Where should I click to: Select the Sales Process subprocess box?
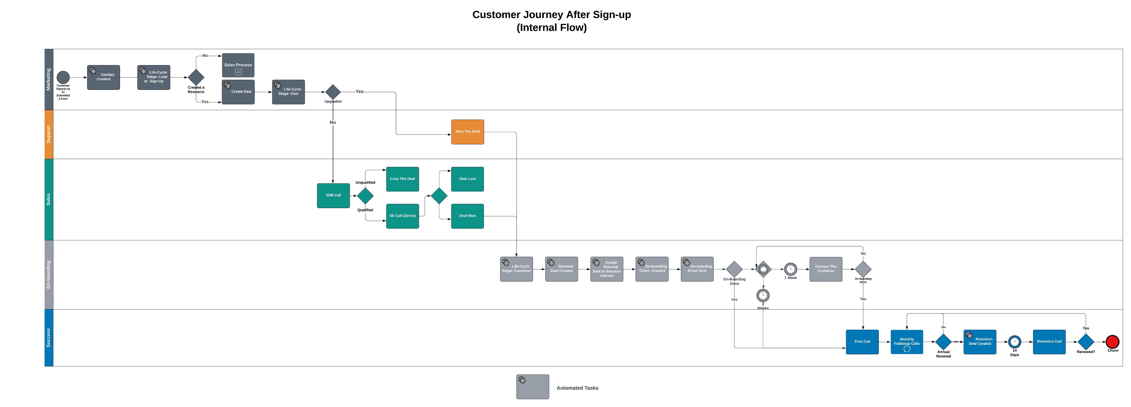(x=238, y=65)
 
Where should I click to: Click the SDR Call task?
(x=333, y=195)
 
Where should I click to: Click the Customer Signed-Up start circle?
(x=63, y=77)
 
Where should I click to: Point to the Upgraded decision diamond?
(x=333, y=92)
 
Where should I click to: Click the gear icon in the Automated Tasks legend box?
(x=522, y=380)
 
